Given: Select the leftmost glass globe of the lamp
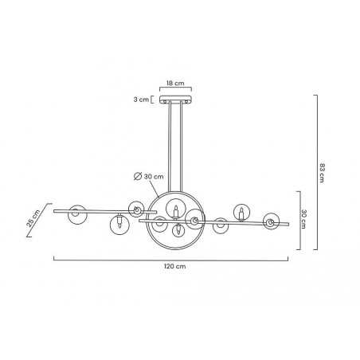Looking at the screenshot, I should click(77, 212).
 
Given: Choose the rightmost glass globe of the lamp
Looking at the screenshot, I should click(272, 221).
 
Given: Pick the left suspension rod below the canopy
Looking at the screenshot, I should click(169, 147).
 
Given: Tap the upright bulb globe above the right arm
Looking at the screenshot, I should click(241, 212).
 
